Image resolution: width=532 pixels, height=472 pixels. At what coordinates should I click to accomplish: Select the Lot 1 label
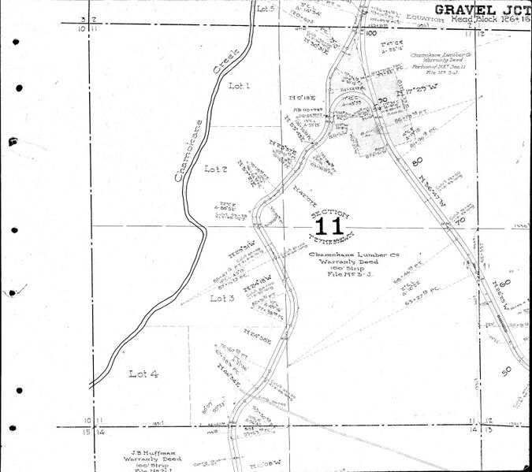pos(238,85)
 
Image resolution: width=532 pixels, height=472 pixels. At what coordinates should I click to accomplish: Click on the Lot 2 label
pos(216,169)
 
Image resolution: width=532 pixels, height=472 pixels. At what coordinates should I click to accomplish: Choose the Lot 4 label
pos(143,374)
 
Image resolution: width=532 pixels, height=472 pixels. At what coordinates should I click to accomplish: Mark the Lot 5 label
pos(266,9)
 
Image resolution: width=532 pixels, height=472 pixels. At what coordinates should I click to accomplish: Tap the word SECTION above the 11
pos(327,213)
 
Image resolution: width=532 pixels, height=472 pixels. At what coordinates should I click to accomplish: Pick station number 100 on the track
pos(370,33)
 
